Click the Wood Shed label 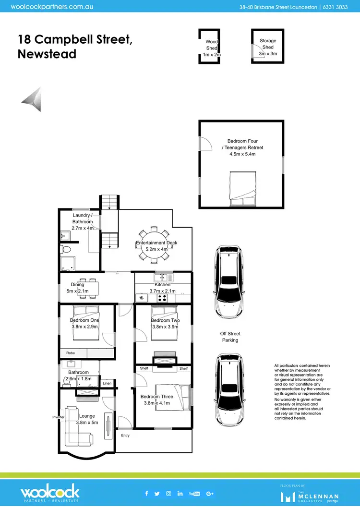(x=212, y=48)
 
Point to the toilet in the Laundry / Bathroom (x=68, y=249)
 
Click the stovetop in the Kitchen (x=163, y=298)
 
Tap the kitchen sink (x=163, y=278)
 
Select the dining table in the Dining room (x=87, y=288)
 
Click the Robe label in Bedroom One (x=71, y=353)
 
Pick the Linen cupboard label (x=107, y=383)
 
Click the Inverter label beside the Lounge (x=59, y=417)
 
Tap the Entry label (x=125, y=436)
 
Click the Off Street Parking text (x=230, y=337)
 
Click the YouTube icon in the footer (x=194, y=493)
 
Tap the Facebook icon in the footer (x=146, y=493)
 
